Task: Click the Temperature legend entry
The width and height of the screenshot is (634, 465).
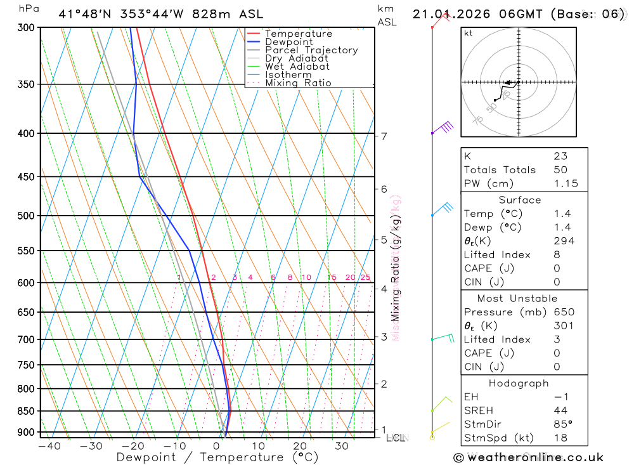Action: tap(298, 34)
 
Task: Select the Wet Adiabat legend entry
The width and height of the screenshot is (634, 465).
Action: tap(297, 67)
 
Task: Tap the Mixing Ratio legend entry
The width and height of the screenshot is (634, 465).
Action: tap(298, 83)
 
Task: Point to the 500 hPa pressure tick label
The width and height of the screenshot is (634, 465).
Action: tap(25, 216)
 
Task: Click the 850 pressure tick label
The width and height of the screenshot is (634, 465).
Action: tap(25, 411)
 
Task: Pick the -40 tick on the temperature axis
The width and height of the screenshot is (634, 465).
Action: tap(49, 446)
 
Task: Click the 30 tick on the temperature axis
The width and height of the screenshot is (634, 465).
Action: tap(342, 446)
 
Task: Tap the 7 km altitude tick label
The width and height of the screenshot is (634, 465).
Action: tap(384, 136)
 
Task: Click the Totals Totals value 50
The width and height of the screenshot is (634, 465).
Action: tap(560, 170)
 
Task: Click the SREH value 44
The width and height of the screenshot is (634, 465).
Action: tap(560, 410)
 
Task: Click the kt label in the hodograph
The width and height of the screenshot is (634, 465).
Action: tap(469, 33)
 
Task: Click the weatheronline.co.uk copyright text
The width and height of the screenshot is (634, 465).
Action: tap(529, 457)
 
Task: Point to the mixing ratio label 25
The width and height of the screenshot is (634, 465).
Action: tap(365, 277)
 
